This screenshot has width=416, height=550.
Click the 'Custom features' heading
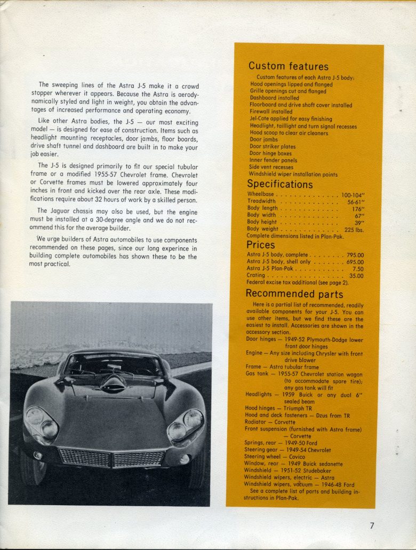coord(288,66)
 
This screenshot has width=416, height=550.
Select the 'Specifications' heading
coord(280,184)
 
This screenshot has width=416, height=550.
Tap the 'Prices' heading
coord(261,245)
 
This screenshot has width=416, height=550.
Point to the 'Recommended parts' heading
coord(294,294)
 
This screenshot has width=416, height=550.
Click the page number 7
coord(372,525)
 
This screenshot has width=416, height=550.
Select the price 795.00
coord(355,255)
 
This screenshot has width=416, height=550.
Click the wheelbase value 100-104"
coord(353,194)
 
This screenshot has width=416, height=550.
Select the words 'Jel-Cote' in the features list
coord(260,119)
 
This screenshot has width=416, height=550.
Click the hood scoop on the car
coord(114,383)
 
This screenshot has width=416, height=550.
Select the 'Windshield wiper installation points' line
coord(293,174)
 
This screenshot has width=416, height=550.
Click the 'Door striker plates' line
coord(273,146)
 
